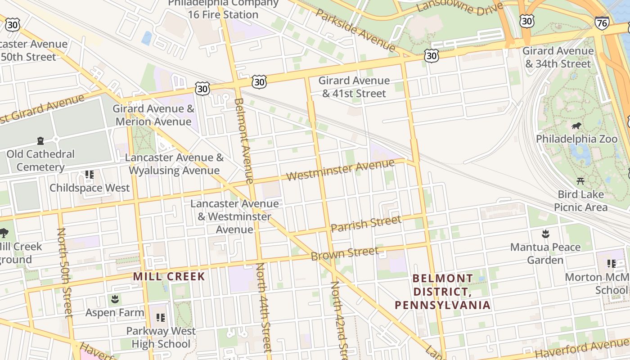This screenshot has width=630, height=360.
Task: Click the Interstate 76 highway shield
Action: coord(602,23)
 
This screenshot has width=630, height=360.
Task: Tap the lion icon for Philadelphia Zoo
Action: coord(576,126)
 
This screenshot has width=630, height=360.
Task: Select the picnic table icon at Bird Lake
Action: coord(580,181)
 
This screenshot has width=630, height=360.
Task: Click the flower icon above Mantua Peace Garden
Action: coord(545,234)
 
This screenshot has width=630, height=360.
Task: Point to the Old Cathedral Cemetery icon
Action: coord(40,140)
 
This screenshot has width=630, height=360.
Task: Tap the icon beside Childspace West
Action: coord(89,174)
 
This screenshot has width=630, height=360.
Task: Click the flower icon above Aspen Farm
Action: coord(115,299)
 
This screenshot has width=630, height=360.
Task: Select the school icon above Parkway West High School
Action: coord(161,318)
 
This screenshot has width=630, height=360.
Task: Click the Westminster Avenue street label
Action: coord(340,170)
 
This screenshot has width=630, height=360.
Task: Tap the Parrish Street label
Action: coord(365,223)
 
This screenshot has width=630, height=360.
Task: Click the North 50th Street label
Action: coord(64,272)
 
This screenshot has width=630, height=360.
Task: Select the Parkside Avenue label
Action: coord(355,30)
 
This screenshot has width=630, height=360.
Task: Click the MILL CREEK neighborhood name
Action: coord(169,276)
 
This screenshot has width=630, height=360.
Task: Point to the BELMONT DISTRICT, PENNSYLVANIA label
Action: coord(442,292)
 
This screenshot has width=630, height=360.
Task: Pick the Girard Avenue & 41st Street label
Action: coord(354,87)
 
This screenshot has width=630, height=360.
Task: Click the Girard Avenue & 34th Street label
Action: coord(558,57)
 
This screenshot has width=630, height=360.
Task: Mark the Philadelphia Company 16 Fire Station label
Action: coord(223,9)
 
